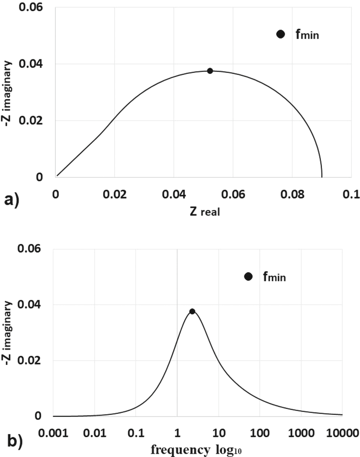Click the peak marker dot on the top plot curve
[x=210, y=71]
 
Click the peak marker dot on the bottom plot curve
[x=192, y=311]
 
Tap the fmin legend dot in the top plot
[x=281, y=34]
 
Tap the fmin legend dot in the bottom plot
[x=248, y=276]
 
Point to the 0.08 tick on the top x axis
[x=292, y=194]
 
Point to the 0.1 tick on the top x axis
[x=351, y=194]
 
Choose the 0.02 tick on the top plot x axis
[x=114, y=194]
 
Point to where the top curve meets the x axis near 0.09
[x=322, y=177]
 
